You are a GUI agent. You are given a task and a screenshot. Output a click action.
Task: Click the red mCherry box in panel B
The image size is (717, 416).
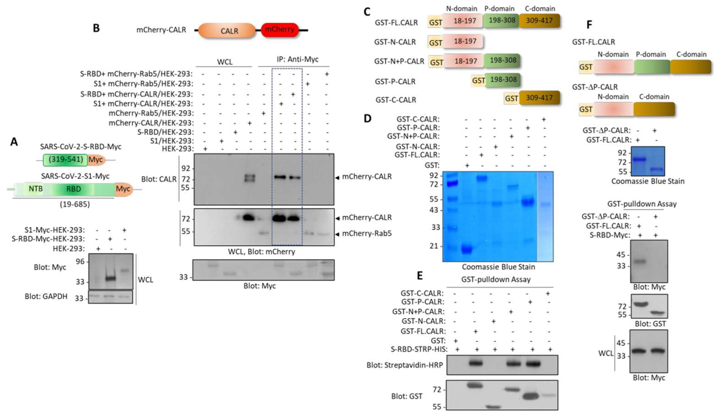[279, 30]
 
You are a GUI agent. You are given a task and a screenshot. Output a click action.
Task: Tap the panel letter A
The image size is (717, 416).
[14, 142]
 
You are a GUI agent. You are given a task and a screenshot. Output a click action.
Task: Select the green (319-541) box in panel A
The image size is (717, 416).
[65, 160]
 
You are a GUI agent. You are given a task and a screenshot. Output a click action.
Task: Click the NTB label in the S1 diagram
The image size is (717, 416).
[36, 188]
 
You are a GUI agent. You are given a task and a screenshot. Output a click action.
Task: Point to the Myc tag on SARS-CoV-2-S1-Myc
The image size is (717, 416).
[123, 189]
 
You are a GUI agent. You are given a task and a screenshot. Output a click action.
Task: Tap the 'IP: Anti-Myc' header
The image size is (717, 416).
[297, 59]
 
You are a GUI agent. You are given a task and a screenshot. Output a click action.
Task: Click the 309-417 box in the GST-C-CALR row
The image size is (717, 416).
[539, 98]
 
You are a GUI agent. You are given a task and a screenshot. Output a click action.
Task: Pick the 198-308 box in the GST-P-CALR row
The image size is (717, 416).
[503, 80]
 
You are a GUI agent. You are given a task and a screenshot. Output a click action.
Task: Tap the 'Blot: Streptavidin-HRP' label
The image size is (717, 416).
[405, 365]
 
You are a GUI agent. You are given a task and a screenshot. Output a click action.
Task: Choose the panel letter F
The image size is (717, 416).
[589, 25]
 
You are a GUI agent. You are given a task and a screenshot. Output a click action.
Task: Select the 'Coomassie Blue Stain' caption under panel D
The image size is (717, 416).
[498, 267]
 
